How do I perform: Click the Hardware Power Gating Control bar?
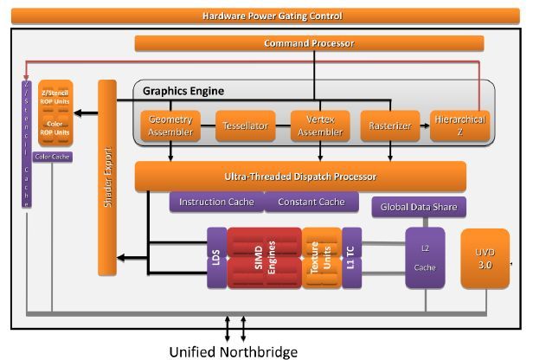coord(272,16)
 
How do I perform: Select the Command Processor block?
coord(308,43)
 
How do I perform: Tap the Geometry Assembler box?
coord(170,126)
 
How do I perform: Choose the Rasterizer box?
coord(389,126)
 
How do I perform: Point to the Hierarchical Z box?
coord(459,126)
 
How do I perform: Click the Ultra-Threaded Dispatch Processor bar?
coord(300,177)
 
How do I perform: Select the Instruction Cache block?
coord(216,202)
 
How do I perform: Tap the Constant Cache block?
coord(311,202)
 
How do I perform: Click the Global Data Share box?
coord(419,207)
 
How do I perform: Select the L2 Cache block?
coord(425,257)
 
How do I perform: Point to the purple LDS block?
coord(216,258)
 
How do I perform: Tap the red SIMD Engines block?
coord(264,258)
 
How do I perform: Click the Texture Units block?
coord(321,258)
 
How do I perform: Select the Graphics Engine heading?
coord(183,91)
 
